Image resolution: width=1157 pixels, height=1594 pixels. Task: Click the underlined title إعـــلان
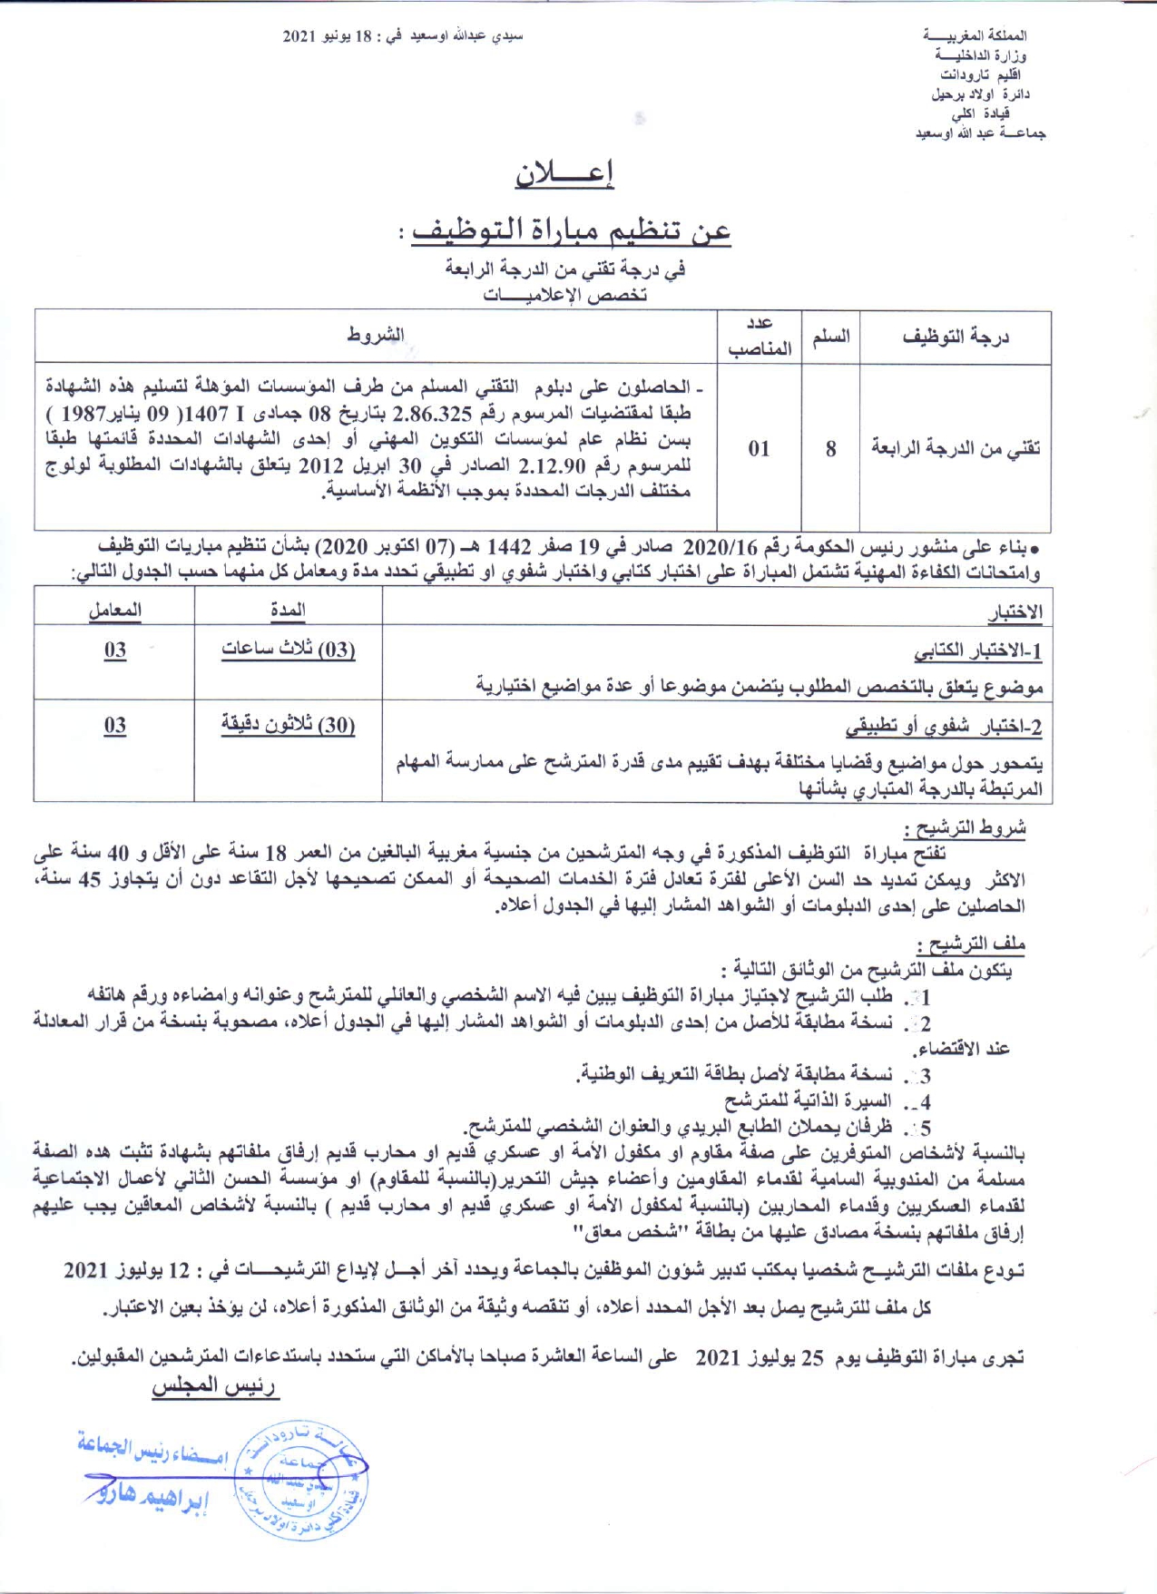564,173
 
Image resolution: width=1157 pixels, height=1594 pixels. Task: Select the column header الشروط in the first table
376,336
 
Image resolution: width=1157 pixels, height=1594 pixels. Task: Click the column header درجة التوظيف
956,337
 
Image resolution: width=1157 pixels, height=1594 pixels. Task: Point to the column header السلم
830,337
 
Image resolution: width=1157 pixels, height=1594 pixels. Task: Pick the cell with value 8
830,448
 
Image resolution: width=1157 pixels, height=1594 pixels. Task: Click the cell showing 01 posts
760,448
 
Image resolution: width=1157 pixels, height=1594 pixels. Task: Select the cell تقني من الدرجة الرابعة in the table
956,447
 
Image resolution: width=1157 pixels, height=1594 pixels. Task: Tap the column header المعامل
114,610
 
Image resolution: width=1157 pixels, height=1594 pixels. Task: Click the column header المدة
288,610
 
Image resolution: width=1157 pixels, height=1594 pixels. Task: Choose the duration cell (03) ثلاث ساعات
288,650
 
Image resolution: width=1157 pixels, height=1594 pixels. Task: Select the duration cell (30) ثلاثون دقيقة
288,725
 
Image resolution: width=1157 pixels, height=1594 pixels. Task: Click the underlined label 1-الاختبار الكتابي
977,651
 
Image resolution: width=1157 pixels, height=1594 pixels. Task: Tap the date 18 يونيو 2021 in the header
327,36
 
